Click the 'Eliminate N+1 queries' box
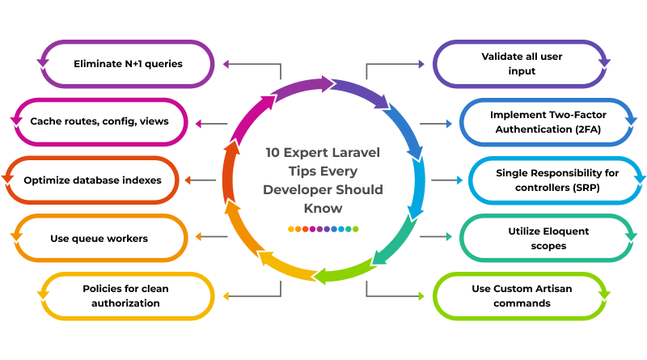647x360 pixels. click(128, 63)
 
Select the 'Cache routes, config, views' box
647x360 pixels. click(99, 121)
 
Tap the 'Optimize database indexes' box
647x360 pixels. click(92, 180)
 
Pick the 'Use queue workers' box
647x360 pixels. click(99, 238)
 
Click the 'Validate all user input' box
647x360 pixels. click(522, 63)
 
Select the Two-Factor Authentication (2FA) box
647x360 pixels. click(548, 121)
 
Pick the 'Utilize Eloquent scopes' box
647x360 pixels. click(548, 238)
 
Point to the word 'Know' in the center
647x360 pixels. click(323, 208)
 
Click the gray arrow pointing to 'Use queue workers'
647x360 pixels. click(211, 237)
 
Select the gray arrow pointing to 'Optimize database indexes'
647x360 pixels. click(201, 180)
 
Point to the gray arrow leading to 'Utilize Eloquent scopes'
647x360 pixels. click(435, 237)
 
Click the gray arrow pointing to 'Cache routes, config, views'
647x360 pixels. click(211, 123)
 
